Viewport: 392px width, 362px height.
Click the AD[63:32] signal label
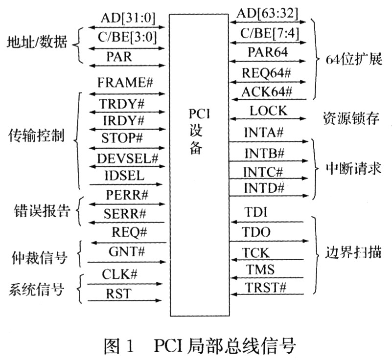pos(267,13)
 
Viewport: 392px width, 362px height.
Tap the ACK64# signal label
pos(267,90)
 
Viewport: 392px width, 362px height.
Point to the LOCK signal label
pos(268,111)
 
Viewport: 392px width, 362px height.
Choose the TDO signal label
pos(257,233)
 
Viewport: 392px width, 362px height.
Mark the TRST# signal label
pos(265,287)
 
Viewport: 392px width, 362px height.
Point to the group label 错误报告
pos(41,211)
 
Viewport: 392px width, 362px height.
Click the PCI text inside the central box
pos(200,114)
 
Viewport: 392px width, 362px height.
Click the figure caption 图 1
pos(119,347)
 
